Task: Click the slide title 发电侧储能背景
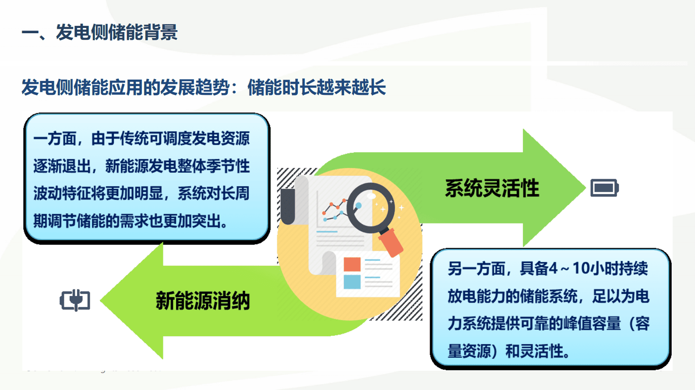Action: [x=116, y=32]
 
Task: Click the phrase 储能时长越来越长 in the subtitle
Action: [x=316, y=87]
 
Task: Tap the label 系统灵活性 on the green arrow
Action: [x=492, y=188]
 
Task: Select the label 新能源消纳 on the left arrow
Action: [x=202, y=301]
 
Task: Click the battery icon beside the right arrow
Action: [x=604, y=188]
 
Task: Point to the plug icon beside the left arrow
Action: [x=75, y=300]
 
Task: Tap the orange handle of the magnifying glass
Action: [x=391, y=243]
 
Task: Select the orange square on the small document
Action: [x=352, y=264]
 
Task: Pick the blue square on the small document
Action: [x=352, y=282]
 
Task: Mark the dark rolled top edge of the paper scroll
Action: [x=288, y=205]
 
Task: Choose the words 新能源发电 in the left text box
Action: [x=141, y=166]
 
